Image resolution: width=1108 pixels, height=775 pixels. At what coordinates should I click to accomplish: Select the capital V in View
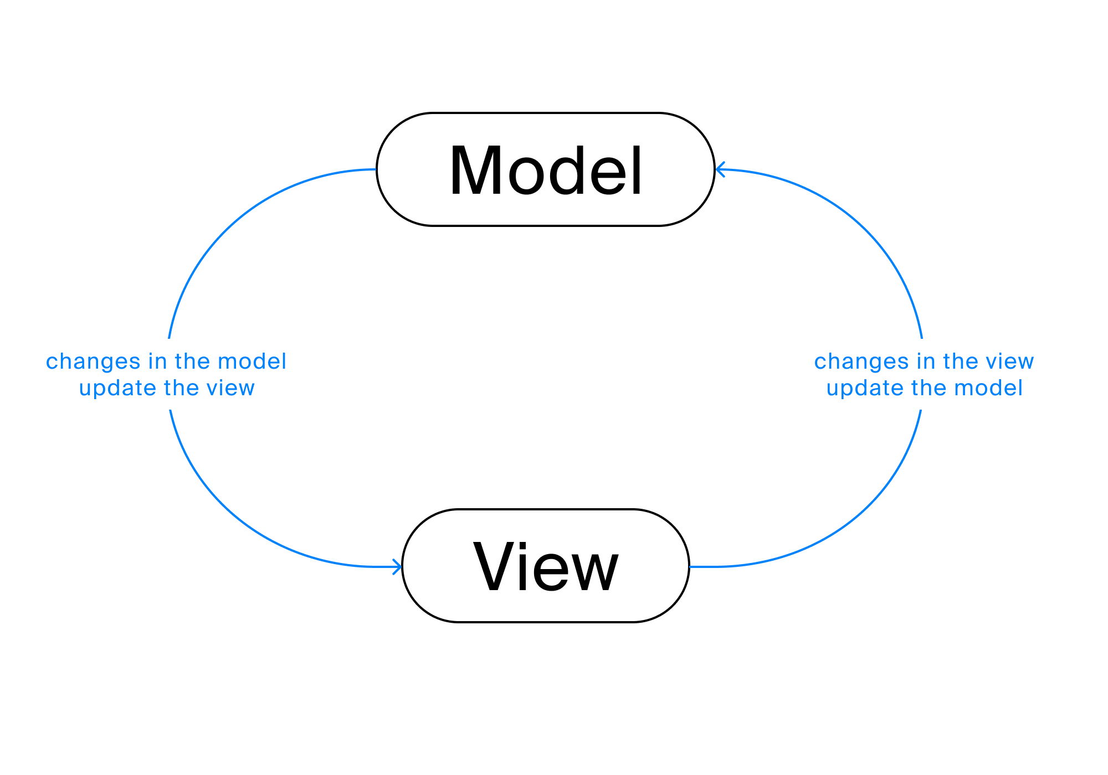tap(494, 566)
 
